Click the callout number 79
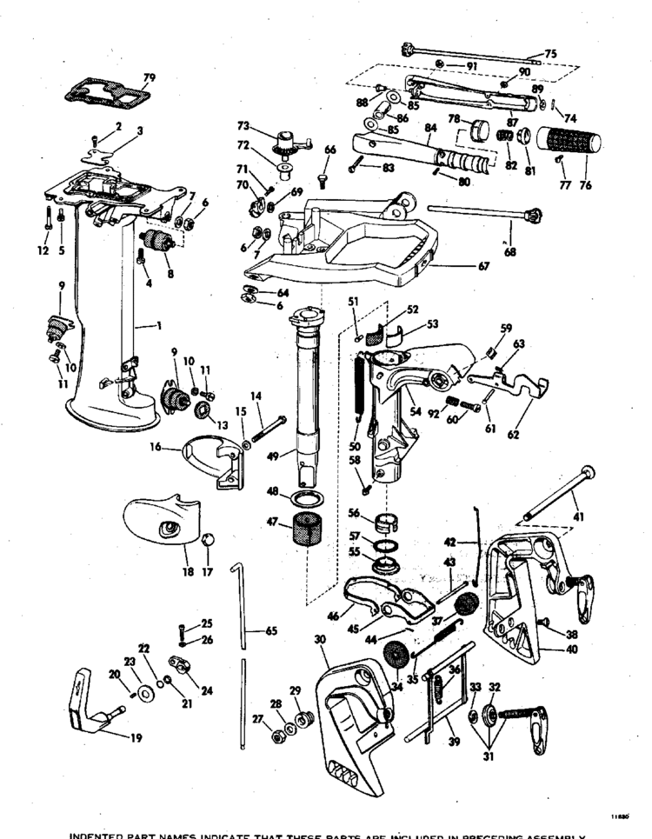click(x=150, y=79)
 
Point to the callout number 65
click(x=271, y=630)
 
